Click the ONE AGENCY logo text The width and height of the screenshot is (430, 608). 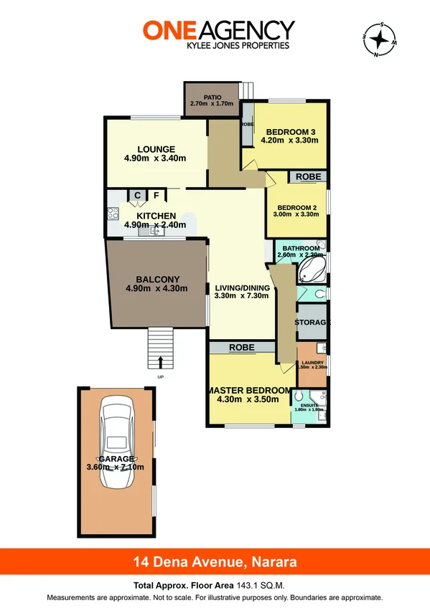(218, 29)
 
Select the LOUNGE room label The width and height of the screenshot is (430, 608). (156, 150)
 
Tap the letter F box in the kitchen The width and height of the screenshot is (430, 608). (155, 194)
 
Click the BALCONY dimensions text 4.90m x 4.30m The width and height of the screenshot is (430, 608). (156, 289)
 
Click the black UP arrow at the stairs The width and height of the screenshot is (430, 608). (160, 362)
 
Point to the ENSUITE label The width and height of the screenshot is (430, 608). (309, 405)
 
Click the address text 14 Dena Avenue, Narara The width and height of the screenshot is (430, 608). (215, 561)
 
